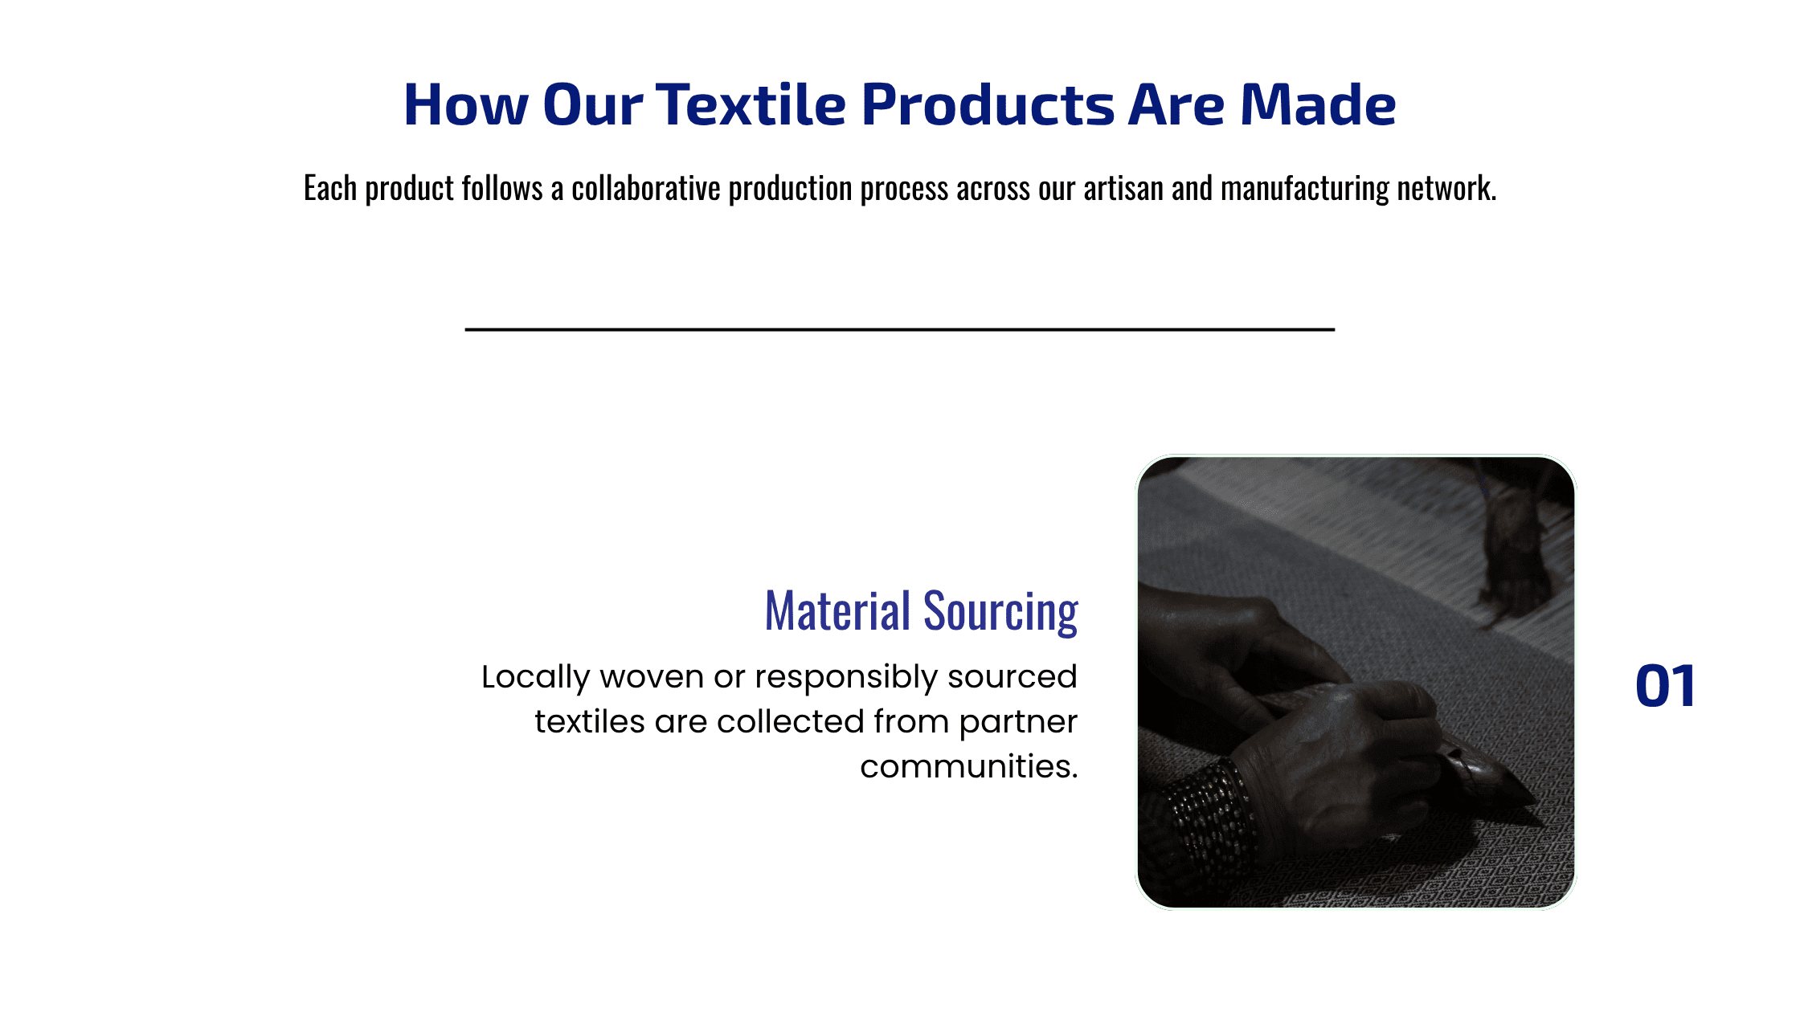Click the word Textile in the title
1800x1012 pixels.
tap(751, 104)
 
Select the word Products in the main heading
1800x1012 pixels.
tap(988, 106)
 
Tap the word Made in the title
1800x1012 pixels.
tap(1318, 104)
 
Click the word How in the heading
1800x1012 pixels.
tap(466, 104)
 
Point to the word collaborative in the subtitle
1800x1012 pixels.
tap(646, 188)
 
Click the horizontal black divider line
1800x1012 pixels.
tap(900, 329)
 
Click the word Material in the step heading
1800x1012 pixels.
tap(837, 611)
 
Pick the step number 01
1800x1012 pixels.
tap(1665, 687)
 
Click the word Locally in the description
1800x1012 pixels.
tap(535, 678)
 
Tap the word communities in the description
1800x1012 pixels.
tap(968, 767)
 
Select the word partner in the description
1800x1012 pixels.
tap(1018, 723)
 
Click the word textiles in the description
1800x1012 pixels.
tap(590, 722)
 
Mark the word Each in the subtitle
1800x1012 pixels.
tap(330, 188)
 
